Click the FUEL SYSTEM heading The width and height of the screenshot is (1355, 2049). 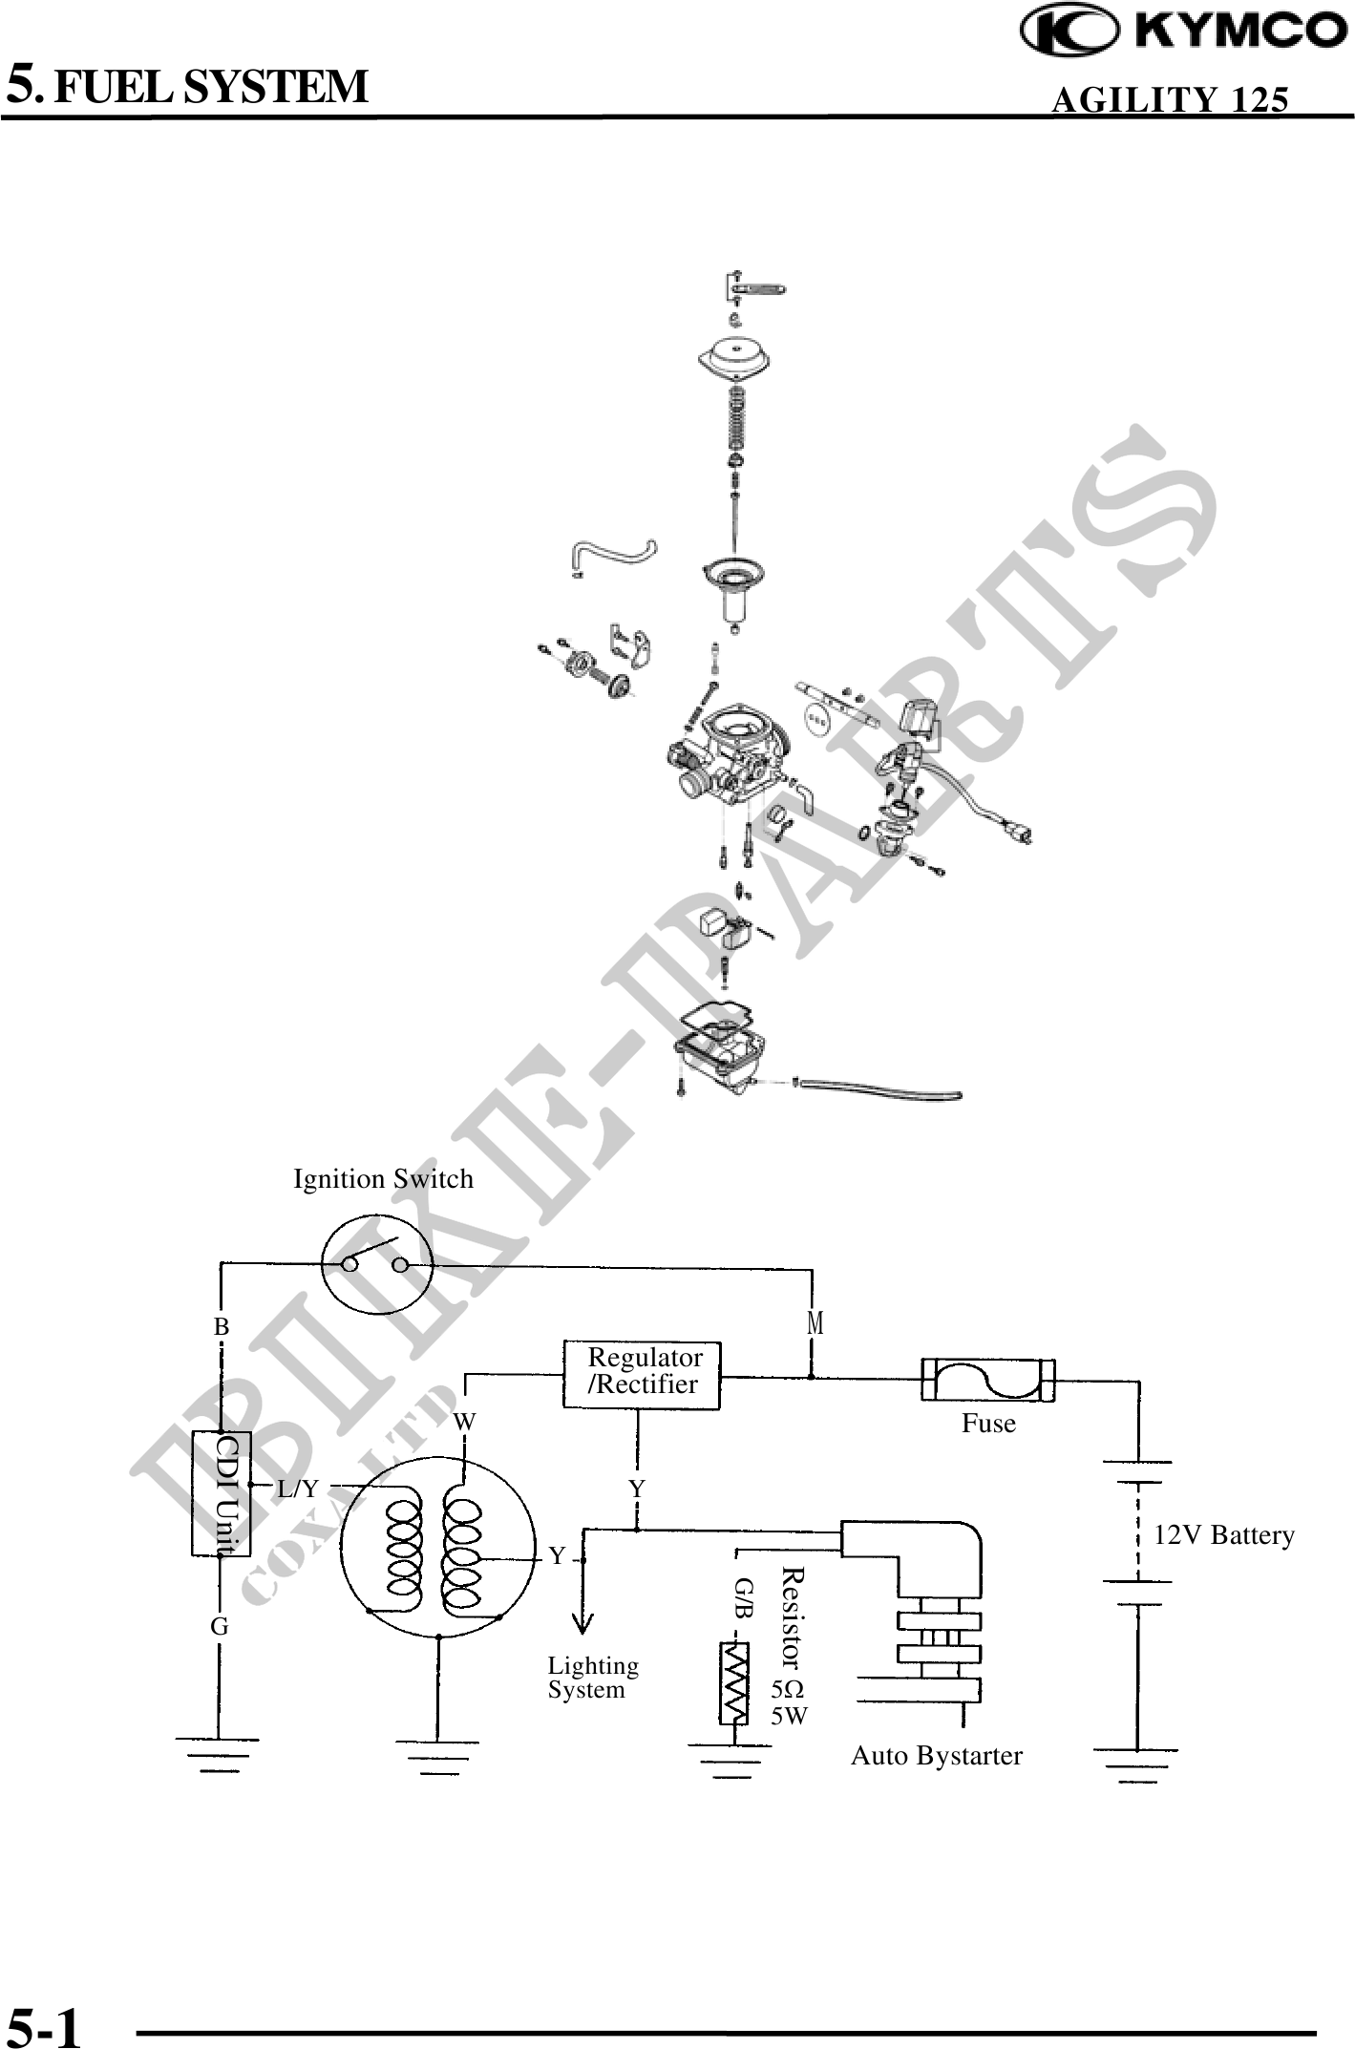[x=188, y=86]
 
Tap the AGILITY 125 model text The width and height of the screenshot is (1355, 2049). [x=1169, y=100]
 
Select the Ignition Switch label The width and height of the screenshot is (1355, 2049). [x=383, y=1179]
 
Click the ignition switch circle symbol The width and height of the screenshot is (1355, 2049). [x=376, y=1264]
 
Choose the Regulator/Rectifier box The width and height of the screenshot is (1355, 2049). [x=642, y=1374]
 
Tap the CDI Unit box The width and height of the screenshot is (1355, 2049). [x=222, y=1493]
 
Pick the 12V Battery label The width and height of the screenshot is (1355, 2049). [x=1224, y=1535]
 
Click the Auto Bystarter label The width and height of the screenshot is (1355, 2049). [x=936, y=1756]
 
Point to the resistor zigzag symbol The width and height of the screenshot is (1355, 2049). [x=734, y=1681]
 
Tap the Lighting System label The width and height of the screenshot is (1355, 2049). [x=592, y=1678]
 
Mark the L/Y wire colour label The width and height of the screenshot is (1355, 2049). [x=298, y=1489]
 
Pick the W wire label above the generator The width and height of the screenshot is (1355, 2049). [x=465, y=1422]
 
